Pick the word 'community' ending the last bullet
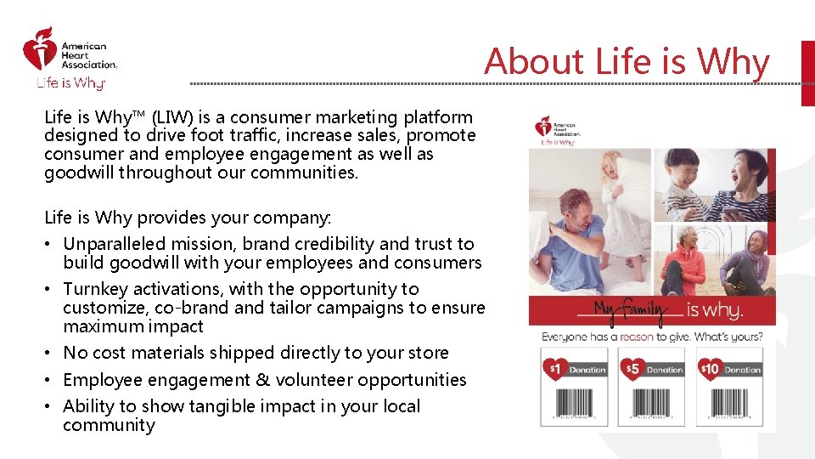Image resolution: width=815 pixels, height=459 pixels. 109,425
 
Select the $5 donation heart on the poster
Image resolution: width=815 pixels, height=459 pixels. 632,369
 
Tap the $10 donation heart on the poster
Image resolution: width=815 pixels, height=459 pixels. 711,369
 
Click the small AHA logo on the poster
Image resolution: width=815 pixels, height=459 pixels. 557,130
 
